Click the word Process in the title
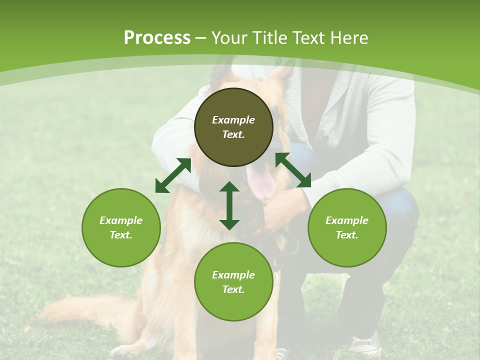click(x=157, y=38)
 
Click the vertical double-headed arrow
click(x=229, y=205)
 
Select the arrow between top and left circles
click(x=173, y=175)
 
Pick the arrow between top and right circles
click(x=293, y=170)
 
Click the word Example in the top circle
click(x=233, y=120)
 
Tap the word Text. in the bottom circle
click(x=233, y=289)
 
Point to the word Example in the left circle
click(x=121, y=220)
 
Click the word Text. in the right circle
click(x=347, y=235)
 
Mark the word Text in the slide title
click(x=311, y=38)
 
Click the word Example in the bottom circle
click(x=233, y=275)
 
